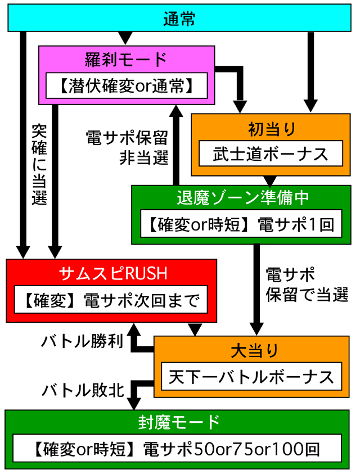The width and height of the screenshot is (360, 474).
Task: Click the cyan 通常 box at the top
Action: pos(179,18)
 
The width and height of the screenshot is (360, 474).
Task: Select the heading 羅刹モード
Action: pos(126,59)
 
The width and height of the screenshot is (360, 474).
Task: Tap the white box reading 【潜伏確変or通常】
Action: pos(127,85)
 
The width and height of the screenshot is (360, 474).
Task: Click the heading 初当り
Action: pos(271,129)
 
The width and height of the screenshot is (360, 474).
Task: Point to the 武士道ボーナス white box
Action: pos(271,154)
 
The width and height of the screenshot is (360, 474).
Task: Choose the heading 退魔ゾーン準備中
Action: pos(242,198)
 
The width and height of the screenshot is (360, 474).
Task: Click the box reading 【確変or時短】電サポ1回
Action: pos(241,224)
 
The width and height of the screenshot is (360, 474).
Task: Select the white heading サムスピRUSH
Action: pos(113,273)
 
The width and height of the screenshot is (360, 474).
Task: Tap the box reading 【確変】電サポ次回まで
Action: pos(111,300)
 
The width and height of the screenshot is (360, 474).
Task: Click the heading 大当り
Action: pos(254,351)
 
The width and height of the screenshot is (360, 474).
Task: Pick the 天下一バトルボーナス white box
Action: pos(251,376)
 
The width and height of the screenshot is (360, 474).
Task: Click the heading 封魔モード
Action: pos(179,422)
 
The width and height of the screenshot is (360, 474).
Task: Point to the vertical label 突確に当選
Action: pos(39,165)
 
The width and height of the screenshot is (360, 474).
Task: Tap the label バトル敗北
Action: pos(83,390)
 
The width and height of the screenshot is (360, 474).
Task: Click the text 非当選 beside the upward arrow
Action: pos(144,158)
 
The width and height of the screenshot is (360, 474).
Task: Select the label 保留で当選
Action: pos(307,295)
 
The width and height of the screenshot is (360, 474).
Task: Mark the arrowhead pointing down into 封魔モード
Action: pos(134,404)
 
